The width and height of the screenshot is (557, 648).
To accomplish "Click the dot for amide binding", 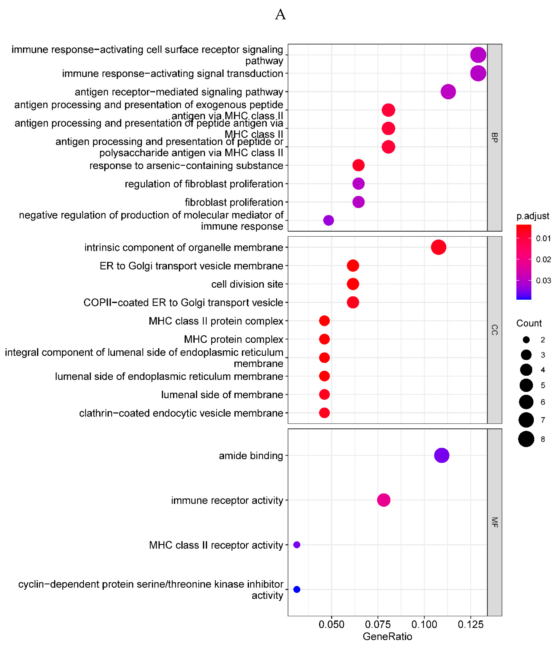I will coord(441,455).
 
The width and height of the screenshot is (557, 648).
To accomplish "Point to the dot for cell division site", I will coord(353,284).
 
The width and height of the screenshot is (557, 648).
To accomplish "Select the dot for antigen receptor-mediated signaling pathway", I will coord(448,92).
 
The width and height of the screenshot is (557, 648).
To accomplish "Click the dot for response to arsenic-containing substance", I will coord(358,165).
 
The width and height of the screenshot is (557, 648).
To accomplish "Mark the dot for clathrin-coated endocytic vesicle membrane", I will coord(324,413).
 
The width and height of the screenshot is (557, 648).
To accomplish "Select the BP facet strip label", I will coord(494,138).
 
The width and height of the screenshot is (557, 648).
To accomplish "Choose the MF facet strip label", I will coord(494,522).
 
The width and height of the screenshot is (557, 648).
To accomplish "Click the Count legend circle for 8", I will coord(526,439).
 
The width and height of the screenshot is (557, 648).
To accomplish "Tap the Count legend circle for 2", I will coord(526,340).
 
